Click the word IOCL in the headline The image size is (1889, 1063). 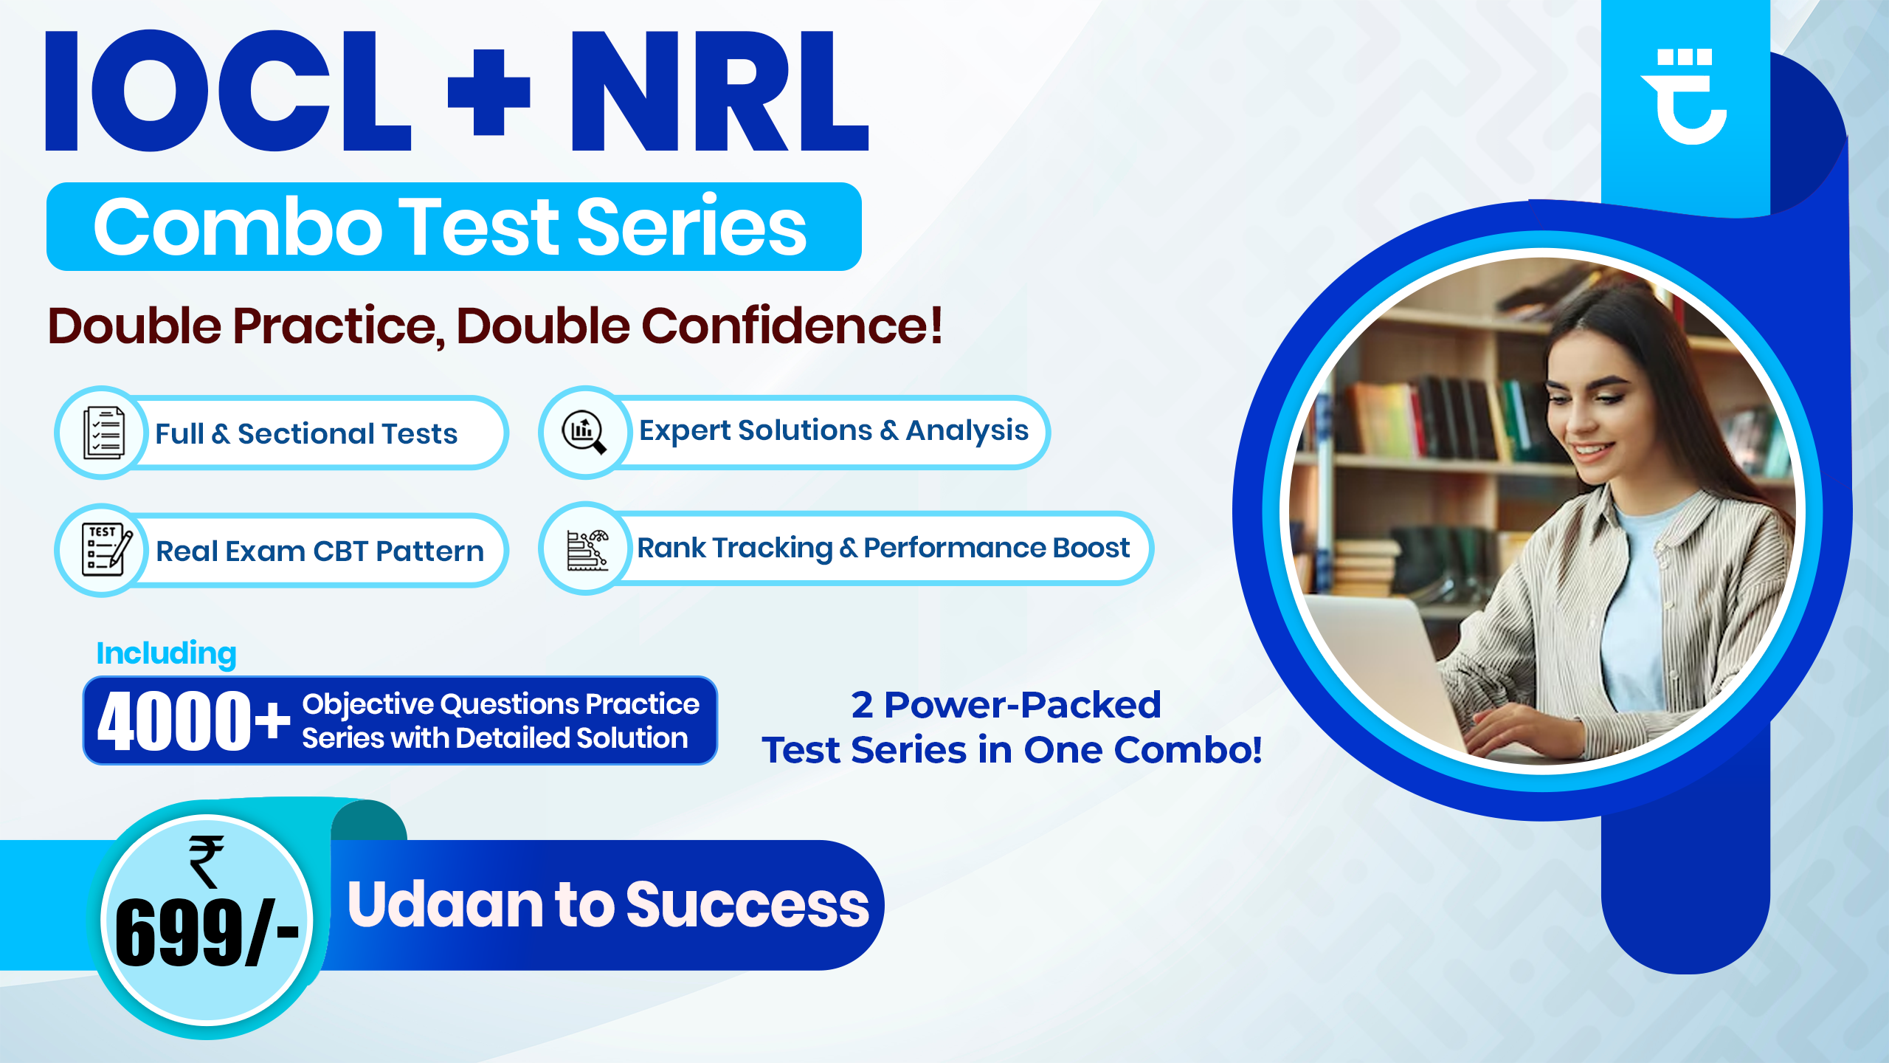(227, 92)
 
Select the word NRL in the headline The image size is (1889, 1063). (719, 92)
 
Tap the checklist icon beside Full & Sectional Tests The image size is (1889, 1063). (103, 433)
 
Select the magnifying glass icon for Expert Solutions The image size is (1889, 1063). (584, 432)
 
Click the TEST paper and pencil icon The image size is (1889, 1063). (105, 551)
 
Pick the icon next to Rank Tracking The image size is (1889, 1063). (587, 549)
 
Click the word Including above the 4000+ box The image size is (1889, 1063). (166, 654)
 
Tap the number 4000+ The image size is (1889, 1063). (193, 721)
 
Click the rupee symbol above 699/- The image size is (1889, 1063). (206, 861)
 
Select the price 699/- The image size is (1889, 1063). (207, 933)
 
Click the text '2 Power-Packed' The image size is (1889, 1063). (1006, 705)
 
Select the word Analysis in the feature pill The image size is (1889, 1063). (967, 431)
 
